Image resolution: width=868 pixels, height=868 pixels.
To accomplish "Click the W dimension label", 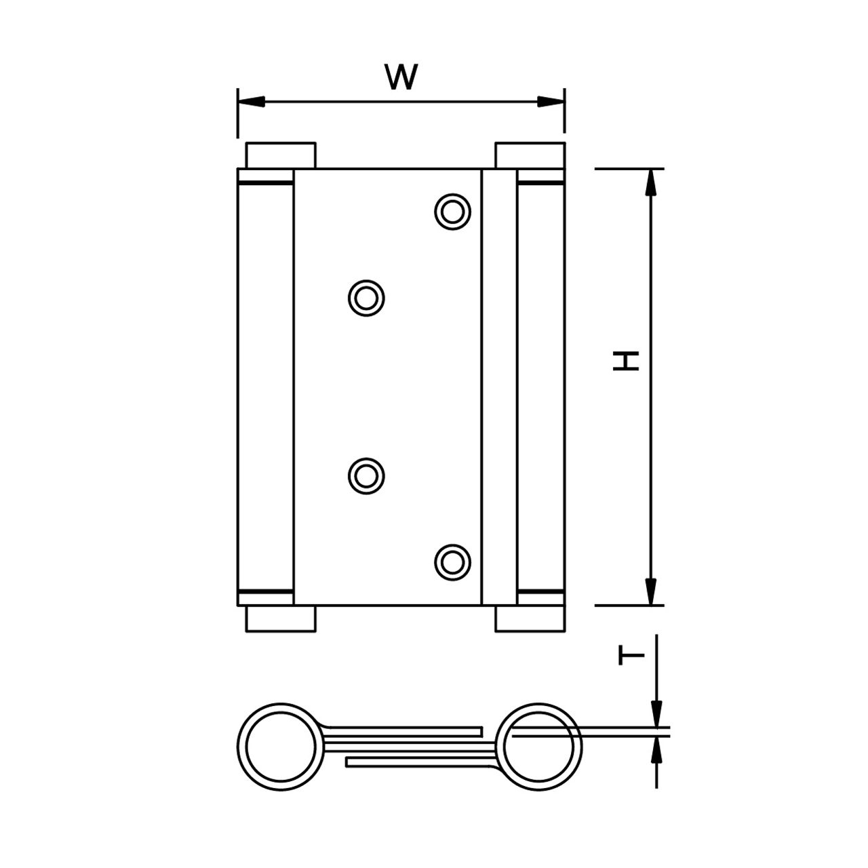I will (401, 77).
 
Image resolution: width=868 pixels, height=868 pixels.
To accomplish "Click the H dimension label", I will (627, 360).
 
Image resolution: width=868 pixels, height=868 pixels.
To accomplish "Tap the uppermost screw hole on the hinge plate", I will (453, 211).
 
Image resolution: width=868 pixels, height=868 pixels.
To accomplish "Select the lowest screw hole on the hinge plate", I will (453, 561).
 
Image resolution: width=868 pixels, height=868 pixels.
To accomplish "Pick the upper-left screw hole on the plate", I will (367, 297).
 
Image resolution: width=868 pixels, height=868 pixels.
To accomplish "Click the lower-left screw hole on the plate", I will (367, 475).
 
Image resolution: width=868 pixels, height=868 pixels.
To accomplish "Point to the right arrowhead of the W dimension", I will (551, 102).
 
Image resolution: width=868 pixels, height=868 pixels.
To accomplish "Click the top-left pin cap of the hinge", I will (280, 155).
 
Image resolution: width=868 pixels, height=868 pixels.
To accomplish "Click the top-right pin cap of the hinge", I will (530, 155).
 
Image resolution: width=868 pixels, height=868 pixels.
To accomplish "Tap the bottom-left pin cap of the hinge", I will (280, 619).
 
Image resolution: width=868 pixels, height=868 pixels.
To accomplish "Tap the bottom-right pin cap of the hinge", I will (530, 619).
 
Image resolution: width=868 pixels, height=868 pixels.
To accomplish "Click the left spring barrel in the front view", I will (265, 387).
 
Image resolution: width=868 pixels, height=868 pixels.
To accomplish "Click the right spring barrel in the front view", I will (540, 387).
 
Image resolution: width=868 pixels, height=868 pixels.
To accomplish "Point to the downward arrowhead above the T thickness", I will (656, 715).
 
